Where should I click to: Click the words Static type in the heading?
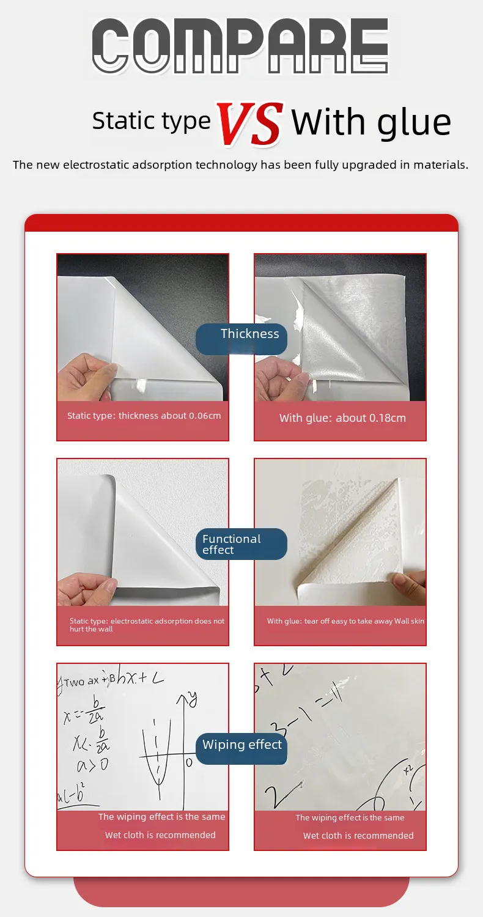click(151, 121)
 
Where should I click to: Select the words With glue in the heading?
click(371, 122)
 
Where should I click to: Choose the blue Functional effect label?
click(231, 544)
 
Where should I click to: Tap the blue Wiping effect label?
click(242, 745)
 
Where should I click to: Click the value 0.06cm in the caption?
click(205, 416)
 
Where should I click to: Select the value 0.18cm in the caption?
click(388, 418)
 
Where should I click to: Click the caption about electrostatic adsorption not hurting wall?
click(147, 625)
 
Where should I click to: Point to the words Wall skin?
click(409, 621)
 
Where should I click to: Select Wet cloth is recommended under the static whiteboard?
click(160, 835)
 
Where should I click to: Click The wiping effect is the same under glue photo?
click(350, 818)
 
